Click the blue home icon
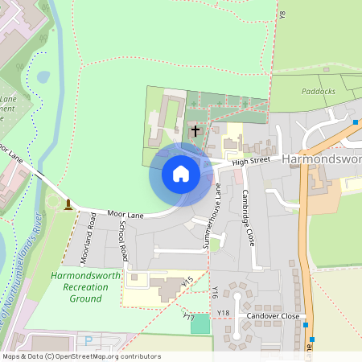tap(181, 174)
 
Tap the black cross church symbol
tap(195, 130)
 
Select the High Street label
tap(250, 162)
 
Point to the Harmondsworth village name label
tap(321, 159)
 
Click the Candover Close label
tap(273, 316)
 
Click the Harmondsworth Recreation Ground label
tap(85, 287)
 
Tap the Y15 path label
tap(188, 282)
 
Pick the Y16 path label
tap(215, 290)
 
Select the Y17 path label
tap(189, 319)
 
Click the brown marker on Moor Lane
tap(68, 204)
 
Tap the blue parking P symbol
tap(88, 341)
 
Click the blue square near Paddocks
tap(356, 122)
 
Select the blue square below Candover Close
tap(312, 339)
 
